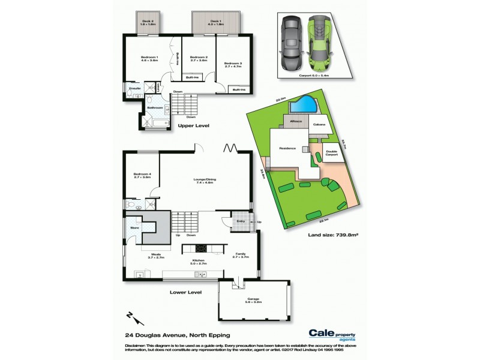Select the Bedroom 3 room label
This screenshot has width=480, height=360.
(232, 63)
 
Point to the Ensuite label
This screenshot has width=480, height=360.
(134, 88)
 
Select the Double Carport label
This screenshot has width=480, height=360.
(331, 153)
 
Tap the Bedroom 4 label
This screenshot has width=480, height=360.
(142, 175)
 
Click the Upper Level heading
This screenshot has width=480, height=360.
(193, 126)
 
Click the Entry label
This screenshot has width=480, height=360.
(241, 221)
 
